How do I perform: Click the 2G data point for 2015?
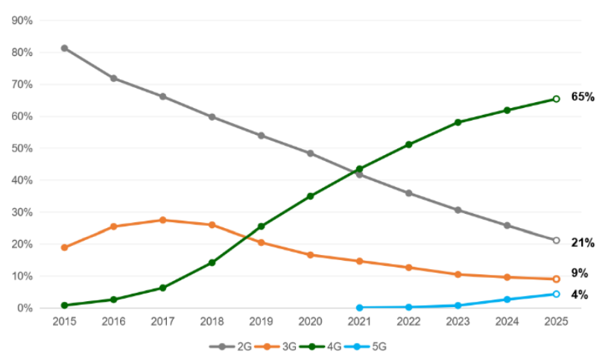[65, 48]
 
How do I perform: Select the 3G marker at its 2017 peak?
[163, 220]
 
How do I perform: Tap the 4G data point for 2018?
[212, 262]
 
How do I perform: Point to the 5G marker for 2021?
[359, 308]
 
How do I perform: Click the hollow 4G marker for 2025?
[556, 99]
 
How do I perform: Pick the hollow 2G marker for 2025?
[556, 240]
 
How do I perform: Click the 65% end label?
[583, 97]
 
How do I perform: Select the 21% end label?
[583, 243]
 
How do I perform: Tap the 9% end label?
[580, 273]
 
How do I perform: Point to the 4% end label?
[580, 294]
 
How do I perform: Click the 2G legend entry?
[231, 347]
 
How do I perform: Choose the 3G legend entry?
[276, 347]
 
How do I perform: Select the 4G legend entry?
[320, 347]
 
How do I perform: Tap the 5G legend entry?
[365, 347]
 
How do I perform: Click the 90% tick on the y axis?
[22, 21]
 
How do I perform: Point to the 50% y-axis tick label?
[22, 148]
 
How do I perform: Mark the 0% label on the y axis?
[25, 309]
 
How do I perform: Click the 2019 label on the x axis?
[262, 321]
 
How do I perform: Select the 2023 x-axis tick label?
[458, 321]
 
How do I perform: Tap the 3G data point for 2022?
[409, 268]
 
